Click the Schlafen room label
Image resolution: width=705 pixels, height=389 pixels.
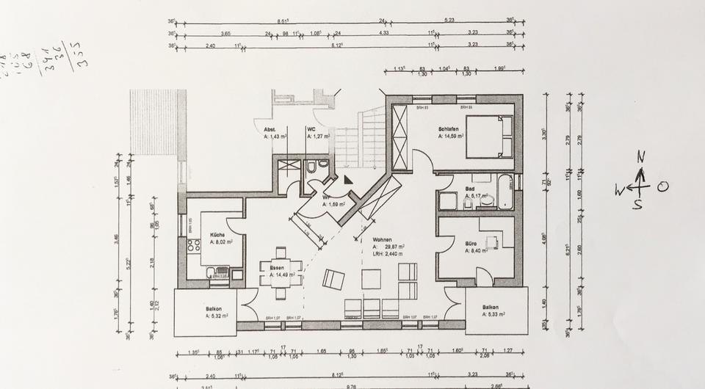tap(449, 128)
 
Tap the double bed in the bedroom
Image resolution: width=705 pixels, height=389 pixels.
tap(489, 137)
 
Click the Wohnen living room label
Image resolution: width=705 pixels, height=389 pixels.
tap(382, 240)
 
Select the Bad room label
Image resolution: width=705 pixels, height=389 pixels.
tap(470, 189)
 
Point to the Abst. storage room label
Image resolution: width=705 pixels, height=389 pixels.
tap(270, 130)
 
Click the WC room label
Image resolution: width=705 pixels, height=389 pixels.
tap(311, 130)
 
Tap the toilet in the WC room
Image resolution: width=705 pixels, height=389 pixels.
tap(312, 167)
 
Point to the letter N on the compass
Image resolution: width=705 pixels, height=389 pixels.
tap(640, 156)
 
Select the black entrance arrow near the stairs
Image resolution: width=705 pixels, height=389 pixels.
tap(348, 178)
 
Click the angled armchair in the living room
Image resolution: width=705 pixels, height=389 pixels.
tap(334, 280)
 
